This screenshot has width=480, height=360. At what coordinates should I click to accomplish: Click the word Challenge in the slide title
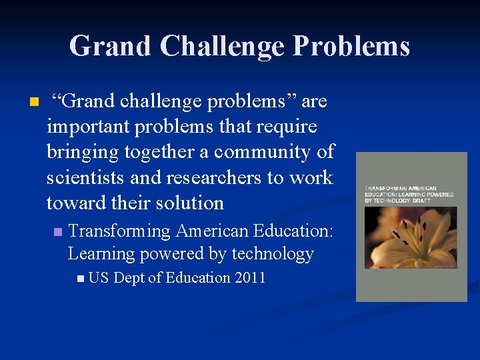(x=223, y=46)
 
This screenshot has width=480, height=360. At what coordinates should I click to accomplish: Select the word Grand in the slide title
(x=110, y=46)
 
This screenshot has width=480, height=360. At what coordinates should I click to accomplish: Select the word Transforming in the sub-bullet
(x=119, y=231)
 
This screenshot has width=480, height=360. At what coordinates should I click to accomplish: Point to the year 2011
(x=250, y=277)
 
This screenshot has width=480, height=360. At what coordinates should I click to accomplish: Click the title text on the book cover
(x=408, y=194)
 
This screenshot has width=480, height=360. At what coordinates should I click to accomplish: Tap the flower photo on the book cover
(x=411, y=238)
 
